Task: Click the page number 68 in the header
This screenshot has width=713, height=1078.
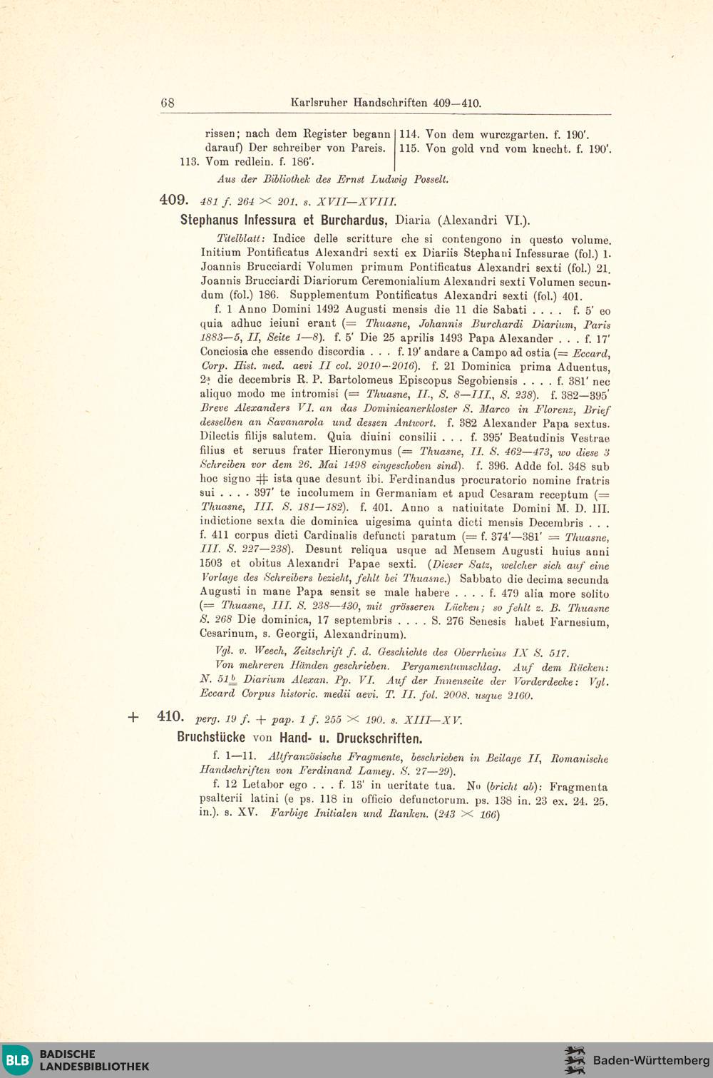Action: [x=168, y=103]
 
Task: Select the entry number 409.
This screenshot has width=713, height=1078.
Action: [x=173, y=200]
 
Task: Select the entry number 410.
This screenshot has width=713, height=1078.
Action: [x=170, y=717]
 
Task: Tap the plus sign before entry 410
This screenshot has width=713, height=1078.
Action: [x=133, y=718]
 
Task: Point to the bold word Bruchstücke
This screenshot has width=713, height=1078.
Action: [x=211, y=738]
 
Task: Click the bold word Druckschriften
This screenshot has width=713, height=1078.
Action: [x=382, y=738]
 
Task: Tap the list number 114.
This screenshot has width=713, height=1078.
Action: [x=409, y=134]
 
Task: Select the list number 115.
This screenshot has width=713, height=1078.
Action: [x=409, y=148]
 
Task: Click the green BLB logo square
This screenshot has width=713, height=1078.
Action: [x=18, y=1059]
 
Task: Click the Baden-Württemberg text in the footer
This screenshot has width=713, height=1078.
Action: [x=651, y=1060]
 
